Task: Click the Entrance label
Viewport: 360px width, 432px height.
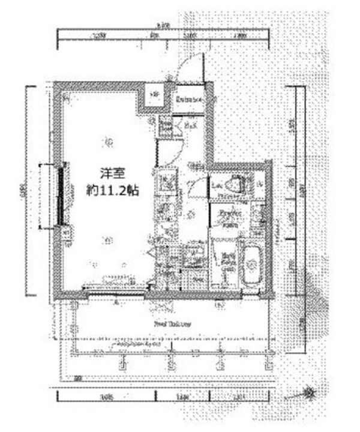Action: coord(188,100)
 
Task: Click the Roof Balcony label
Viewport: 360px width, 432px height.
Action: coord(172,323)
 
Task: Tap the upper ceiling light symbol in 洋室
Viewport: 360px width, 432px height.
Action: coord(109,142)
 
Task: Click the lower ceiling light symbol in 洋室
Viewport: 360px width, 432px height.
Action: coord(107,241)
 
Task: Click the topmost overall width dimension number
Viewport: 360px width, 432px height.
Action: coord(160,26)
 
